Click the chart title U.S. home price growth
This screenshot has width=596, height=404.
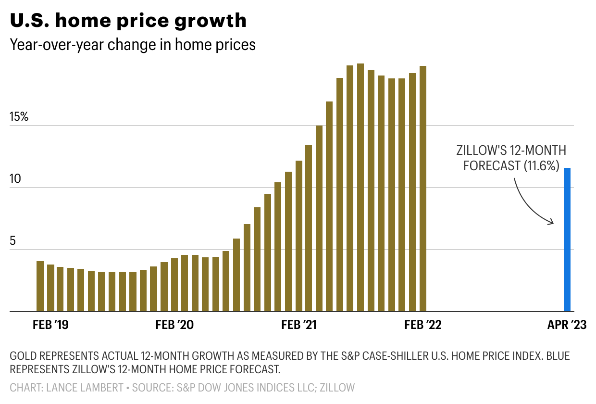click(128, 21)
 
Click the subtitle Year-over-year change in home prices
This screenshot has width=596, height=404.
click(133, 45)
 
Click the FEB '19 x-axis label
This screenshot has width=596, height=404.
click(50, 325)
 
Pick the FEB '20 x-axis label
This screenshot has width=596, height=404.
click(174, 325)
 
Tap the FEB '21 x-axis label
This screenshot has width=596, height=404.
click(299, 325)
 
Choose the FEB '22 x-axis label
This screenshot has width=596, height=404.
click(423, 325)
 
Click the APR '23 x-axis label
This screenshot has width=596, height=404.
click(567, 325)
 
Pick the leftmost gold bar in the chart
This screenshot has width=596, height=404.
click(40, 287)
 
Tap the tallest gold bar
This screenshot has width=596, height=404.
click(360, 188)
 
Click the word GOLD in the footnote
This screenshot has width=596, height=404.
click(23, 357)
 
